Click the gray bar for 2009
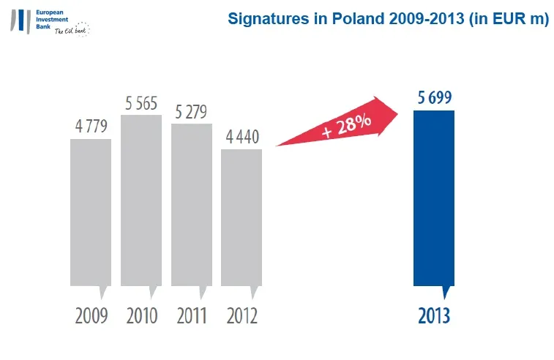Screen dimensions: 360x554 pyautogui.click(x=91, y=212)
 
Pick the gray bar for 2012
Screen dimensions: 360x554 pyautogui.click(x=242, y=217)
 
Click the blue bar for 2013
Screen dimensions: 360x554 pyautogui.click(x=434, y=198)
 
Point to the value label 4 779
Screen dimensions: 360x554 pyautogui.click(x=91, y=126)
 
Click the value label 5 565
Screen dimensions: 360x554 pyautogui.click(x=141, y=103)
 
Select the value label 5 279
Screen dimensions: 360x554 pyautogui.click(x=191, y=112)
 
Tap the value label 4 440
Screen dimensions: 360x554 pyautogui.click(x=242, y=137)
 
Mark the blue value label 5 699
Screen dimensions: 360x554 pyautogui.click(x=434, y=98)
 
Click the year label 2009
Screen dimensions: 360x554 pyautogui.click(x=91, y=316)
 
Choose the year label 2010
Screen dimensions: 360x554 pyautogui.click(x=141, y=316)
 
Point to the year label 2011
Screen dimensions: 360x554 pyautogui.click(x=191, y=316)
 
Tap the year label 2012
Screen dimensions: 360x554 pyautogui.click(x=242, y=316)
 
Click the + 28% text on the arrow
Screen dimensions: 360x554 pyautogui.click(x=345, y=126)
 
